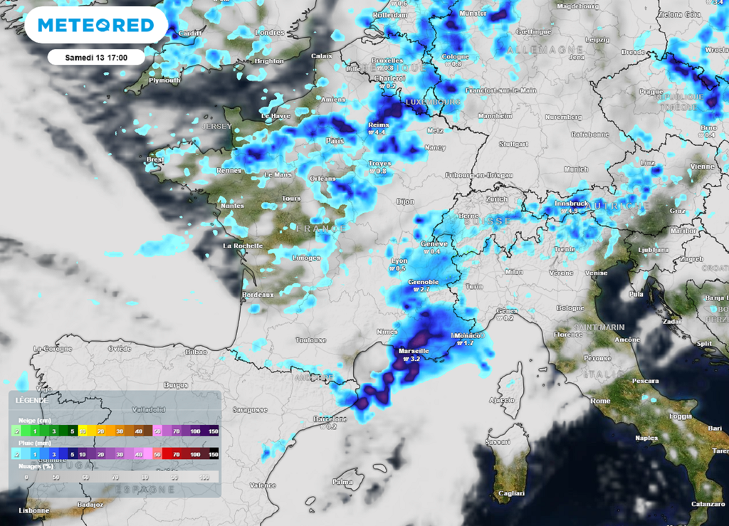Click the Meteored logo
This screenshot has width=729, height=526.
click(x=96, y=26)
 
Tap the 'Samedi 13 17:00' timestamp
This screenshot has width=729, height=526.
click(x=95, y=57)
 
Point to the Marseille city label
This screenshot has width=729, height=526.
click(x=413, y=351)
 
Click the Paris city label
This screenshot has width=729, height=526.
click(x=335, y=141)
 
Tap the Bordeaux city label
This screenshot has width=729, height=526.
click(x=258, y=295)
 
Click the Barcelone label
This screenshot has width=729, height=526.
click(x=330, y=419)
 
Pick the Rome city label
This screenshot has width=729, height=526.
click(x=600, y=401)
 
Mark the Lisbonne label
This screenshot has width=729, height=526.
click(x=34, y=510)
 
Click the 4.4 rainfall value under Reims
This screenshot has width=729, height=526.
click(x=379, y=132)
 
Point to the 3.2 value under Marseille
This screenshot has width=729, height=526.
click(x=414, y=359)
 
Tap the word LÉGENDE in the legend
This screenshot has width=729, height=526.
click(x=32, y=401)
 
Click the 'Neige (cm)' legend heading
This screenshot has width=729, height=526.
click(x=33, y=420)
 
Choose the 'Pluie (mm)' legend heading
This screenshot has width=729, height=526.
click(x=33, y=443)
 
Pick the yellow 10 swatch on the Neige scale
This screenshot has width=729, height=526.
click(x=83, y=431)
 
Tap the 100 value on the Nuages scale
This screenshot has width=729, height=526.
click(x=205, y=477)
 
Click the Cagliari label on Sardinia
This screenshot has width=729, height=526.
click(x=511, y=493)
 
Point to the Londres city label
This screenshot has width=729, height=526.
click(x=269, y=33)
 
